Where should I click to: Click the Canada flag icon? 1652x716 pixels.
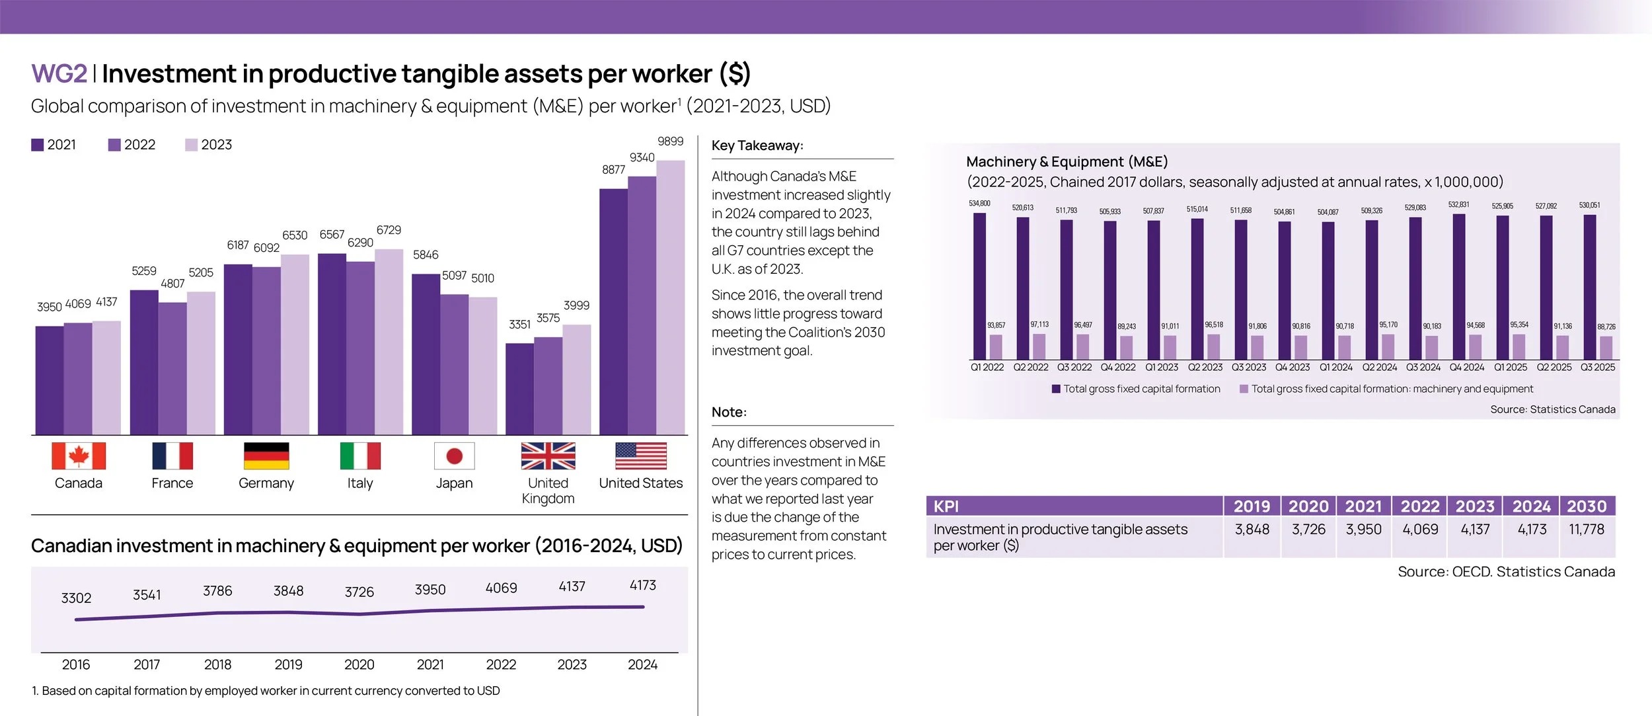(79, 456)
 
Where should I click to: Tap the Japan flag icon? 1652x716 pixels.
(454, 456)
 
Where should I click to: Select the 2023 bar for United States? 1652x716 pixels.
(670, 298)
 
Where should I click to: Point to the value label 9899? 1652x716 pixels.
(670, 141)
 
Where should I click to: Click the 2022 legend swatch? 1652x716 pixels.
(114, 145)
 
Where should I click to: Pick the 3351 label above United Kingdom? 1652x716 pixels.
(519, 325)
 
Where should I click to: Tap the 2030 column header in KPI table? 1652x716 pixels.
(1587, 506)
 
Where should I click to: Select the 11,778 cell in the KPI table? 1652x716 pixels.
(1586, 530)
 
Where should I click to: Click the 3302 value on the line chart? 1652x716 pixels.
(76, 598)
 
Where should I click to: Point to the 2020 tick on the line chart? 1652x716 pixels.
(359, 664)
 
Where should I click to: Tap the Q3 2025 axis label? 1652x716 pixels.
(1597, 368)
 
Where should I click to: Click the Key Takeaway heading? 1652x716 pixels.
(757, 146)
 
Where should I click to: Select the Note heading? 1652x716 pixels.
(729, 413)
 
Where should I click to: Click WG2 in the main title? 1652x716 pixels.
(59, 73)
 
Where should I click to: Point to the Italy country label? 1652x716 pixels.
(360, 483)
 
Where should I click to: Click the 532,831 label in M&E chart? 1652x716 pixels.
(1458, 205)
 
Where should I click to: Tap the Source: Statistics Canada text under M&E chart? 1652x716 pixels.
(1552, 410)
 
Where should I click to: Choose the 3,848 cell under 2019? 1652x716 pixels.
(1252, 530)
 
